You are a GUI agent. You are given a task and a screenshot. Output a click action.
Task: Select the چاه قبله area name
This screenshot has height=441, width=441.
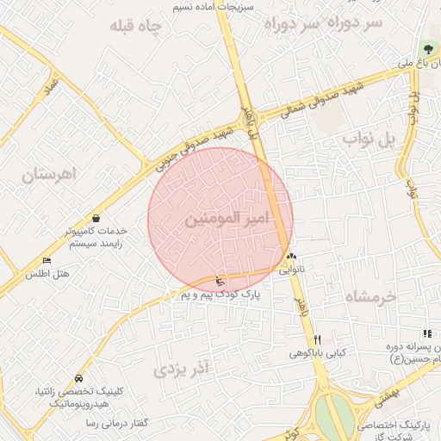(136, 27)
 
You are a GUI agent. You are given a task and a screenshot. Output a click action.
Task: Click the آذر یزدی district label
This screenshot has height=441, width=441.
(182, 370)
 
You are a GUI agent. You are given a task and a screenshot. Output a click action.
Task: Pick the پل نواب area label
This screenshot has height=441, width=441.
(372, 138)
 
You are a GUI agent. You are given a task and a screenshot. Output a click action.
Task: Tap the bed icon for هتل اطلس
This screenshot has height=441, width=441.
(47, 260)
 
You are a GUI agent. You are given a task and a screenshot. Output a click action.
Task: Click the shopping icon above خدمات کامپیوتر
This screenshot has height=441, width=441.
(93, 218)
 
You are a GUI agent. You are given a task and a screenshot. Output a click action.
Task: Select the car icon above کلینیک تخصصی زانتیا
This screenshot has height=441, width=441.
(79, 378)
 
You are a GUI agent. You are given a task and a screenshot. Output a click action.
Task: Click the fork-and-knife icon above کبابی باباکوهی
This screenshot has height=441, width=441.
(317, 339)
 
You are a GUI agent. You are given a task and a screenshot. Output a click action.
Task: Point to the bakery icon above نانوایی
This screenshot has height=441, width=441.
(291, 257)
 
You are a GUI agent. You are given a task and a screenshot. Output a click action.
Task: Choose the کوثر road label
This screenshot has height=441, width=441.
(293, 429)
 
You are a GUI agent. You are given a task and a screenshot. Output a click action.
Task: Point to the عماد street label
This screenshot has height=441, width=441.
(52, 86)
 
